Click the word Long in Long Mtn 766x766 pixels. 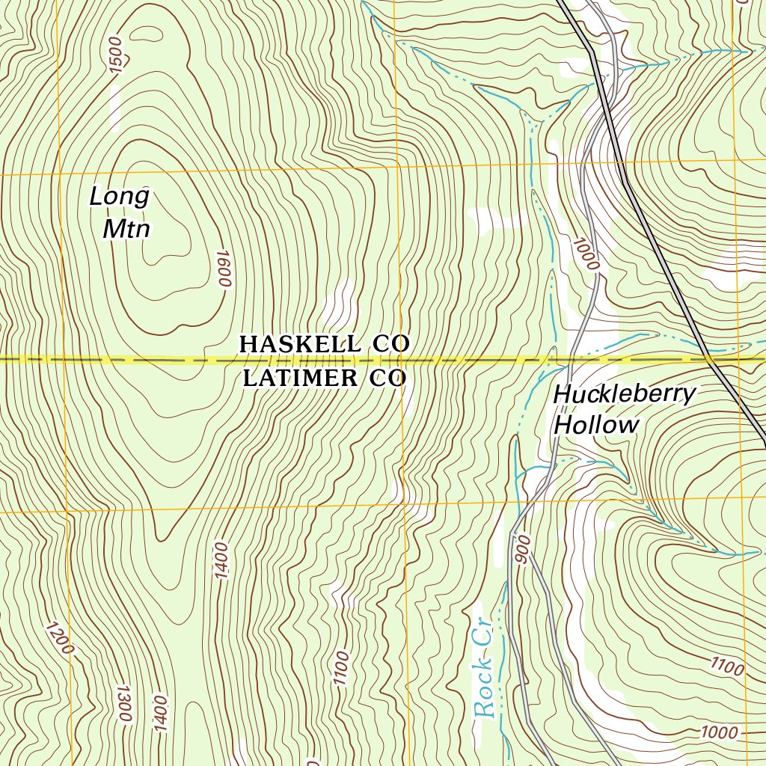[x=120, y=197]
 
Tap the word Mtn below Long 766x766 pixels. [x=126, y=228]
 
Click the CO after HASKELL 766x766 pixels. [x=389, y=344]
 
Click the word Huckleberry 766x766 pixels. [x=625, y=394]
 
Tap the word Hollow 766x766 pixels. [x=596, y=426]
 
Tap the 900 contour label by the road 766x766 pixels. [x=522, y=549]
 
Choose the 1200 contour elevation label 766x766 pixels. [x=60, y=637]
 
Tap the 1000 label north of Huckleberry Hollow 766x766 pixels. [x=587, y=254]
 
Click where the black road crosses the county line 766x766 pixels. [x=709, y=360]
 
